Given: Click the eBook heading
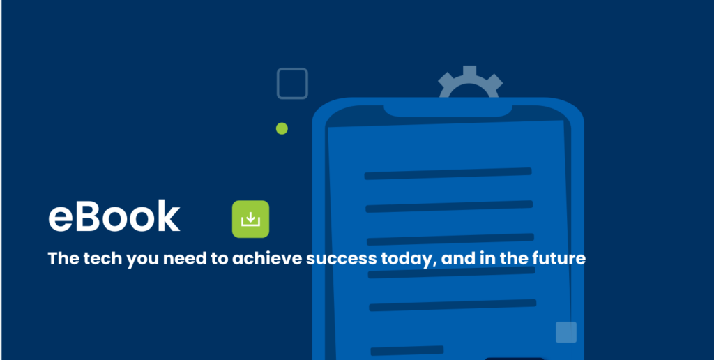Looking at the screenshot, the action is [114, 217].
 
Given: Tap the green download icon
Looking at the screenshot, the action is [250, 219].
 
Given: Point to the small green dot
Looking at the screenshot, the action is [282, 128].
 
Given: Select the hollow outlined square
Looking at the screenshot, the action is [292, 84].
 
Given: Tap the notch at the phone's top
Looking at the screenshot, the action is [448, 111].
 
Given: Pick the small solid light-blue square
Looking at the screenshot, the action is [566, 332].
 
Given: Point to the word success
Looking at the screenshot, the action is [342, 259].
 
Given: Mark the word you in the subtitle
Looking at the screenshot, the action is [144, 260].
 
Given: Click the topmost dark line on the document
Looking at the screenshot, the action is [448, 174].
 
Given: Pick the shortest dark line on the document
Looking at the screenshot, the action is [407, 350].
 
